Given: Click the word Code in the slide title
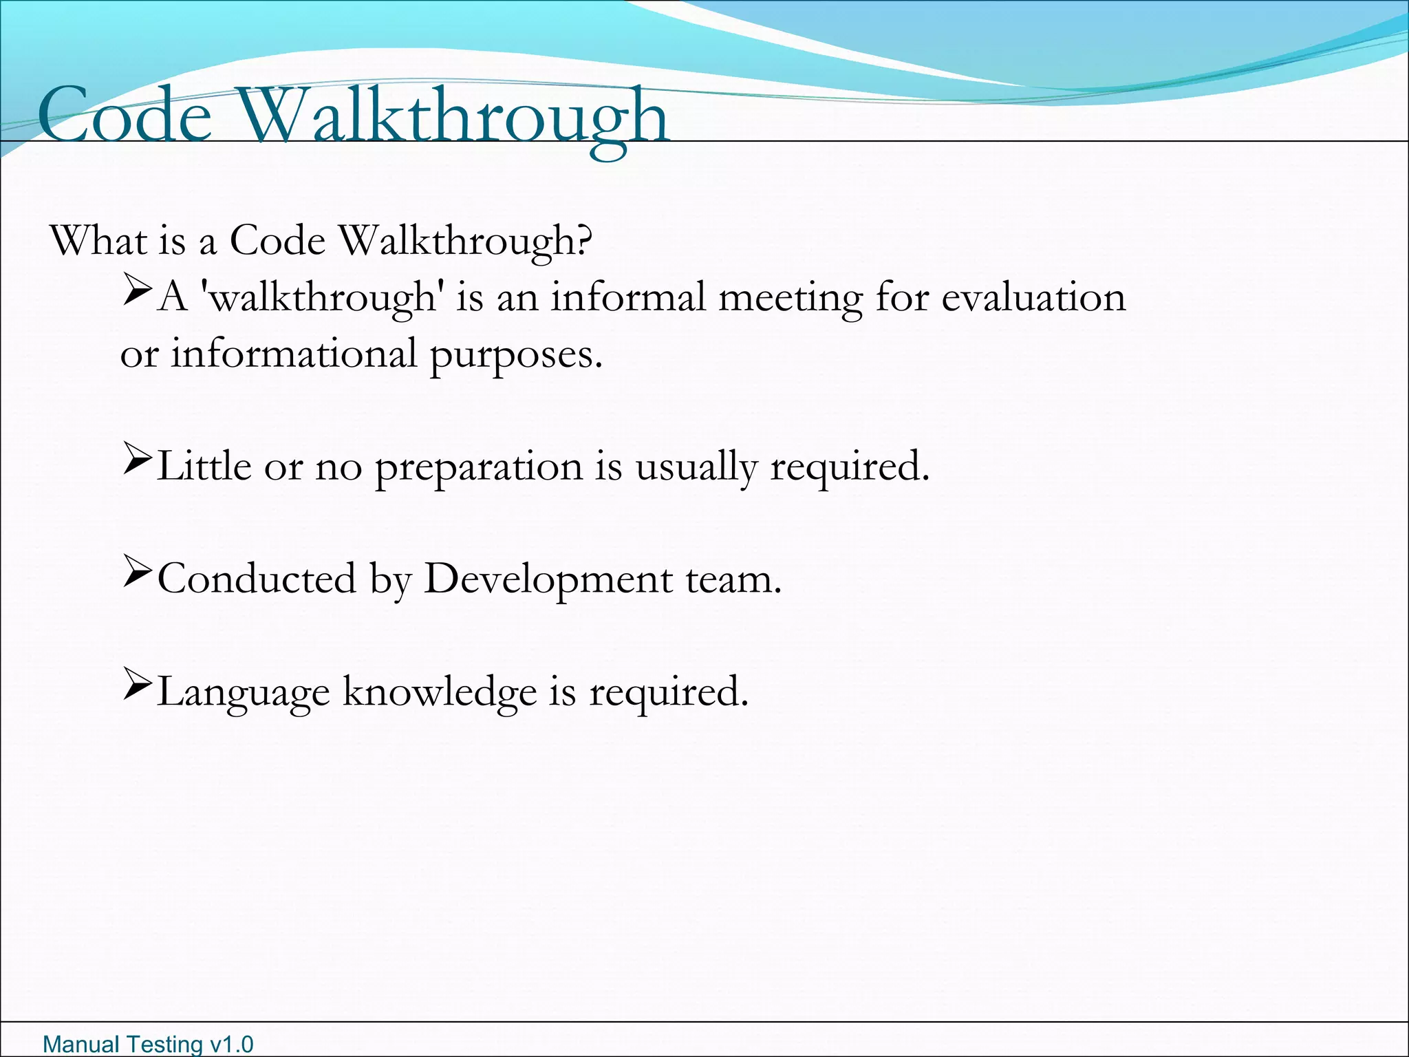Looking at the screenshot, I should [x=125, y=115].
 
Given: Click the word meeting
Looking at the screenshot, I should [x=790, y=299].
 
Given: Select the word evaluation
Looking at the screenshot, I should [x=1033, y=297].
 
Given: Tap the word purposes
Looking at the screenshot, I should [x=516, y=355].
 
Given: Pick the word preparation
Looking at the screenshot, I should [x=479, y=468].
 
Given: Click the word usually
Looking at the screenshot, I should [x=696, y=468].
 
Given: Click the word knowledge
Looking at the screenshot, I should [x=440, y=692].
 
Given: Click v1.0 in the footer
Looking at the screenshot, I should [x=230, y=1045].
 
